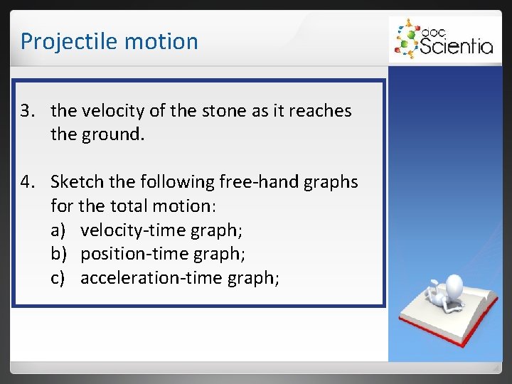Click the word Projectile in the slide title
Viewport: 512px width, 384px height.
pos(60,41)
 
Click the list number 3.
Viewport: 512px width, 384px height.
pos(27,111)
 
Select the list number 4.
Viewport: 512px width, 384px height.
pos(27,182)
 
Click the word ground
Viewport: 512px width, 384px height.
pos(114,134)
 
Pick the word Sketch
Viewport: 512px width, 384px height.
pos(78,182)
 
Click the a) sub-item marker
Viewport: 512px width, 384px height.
pos(58,230)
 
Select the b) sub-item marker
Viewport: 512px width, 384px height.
pos(58,254)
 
